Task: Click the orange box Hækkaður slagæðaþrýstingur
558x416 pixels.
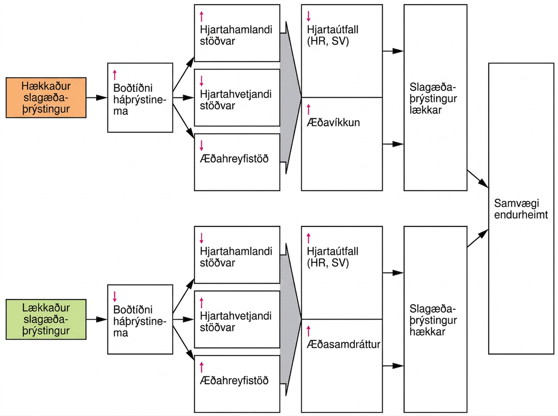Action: point(46,98)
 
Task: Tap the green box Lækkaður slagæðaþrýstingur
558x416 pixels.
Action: point(46,319)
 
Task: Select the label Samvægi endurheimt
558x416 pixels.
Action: point(521,209)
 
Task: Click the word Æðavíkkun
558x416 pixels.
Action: point(333,123)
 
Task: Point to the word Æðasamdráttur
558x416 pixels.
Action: point(343,344)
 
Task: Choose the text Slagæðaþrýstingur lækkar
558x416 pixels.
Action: point(433,99)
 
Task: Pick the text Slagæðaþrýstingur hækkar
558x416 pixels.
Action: point(433,320)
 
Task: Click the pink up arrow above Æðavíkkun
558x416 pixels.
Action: point(308,109)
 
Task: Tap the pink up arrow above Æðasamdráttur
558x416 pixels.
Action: point(308,331)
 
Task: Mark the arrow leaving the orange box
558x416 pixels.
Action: point(97,98)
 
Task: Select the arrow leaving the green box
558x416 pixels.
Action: point(97,319)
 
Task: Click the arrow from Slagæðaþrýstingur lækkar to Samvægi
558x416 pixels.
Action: point(478,179)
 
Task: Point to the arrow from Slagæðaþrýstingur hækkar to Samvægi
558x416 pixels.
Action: point(478,238)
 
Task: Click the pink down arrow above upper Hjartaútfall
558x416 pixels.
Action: point(308,16)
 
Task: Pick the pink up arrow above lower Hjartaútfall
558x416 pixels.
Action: point(308,238)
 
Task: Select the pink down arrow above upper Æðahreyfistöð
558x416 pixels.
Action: point(201,145)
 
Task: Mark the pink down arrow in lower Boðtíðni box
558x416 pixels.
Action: point(115,296)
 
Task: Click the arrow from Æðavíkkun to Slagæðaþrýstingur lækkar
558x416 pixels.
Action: point(393,144)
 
